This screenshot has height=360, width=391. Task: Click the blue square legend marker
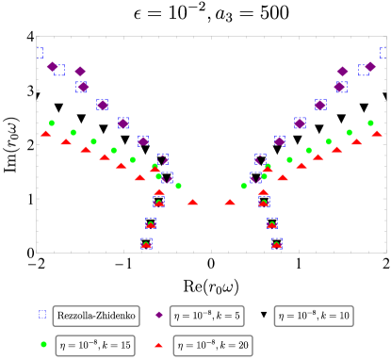42,314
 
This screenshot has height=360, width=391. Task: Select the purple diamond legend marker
159,315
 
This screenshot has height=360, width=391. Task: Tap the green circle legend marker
43,344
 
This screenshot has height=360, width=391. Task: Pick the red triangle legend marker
158,345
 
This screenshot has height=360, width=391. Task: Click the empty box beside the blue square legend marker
96,316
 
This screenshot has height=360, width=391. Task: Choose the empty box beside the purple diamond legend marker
206,316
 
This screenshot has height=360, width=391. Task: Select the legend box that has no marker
314,316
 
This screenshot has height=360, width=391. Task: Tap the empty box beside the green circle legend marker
95,346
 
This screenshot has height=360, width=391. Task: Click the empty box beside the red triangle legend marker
213,346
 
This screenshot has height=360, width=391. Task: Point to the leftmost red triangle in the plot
45,134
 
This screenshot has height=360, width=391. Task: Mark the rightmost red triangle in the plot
377,134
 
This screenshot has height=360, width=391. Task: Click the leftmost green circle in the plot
52,123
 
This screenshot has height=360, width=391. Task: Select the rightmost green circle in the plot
370,123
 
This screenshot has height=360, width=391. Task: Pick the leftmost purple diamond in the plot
53,67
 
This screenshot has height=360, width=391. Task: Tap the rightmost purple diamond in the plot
370,67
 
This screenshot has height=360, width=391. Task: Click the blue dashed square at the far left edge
40,53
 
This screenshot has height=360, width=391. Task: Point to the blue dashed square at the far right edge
383,53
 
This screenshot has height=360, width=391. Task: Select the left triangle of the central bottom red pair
192,202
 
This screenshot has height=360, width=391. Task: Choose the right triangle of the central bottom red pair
230,202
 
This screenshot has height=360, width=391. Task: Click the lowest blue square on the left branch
147,243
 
